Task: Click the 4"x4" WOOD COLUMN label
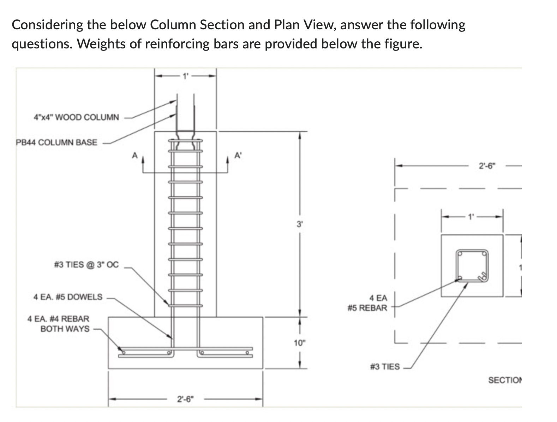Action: click(76, 117)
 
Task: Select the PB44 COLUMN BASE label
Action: click(56, 142)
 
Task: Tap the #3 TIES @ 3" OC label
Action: click(86, 264)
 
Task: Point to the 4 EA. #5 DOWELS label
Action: click(68, 297)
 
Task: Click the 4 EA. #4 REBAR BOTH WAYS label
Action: click(59, 324)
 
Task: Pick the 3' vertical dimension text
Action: click(299, 224)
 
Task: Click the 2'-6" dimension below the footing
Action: click(186, 399)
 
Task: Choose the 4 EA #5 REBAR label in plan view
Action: click(368, 303)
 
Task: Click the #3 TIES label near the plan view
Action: click(385, 367)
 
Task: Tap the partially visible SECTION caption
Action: click(505, 380)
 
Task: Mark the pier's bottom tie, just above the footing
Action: click(185, 305)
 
